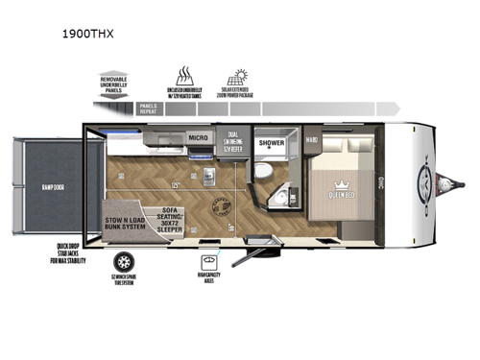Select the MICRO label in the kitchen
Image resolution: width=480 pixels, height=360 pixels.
pos(199,138)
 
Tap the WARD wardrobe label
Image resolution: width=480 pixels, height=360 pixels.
pos(311,139)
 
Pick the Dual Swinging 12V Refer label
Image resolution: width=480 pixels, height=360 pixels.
pos(236,142)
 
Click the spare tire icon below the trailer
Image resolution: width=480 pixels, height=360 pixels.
pos(122,261)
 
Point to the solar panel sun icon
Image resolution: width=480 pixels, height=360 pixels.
pos(237,77)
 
